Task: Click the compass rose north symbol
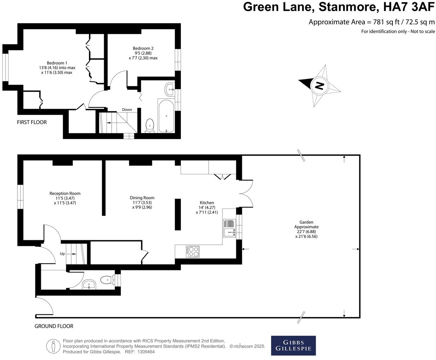[319, 86]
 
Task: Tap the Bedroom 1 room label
[57, 68]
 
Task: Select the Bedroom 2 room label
[143, 53]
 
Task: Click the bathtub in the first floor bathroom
[167, 116]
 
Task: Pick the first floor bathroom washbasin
[170, 89]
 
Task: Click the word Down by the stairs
[127, 110]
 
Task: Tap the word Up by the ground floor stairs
[62, 254]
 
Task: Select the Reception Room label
[65, 198]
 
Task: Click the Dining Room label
[142, 202]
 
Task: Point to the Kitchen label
[207, 207]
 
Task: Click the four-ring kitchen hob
[193, 252]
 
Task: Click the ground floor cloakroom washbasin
[89, 284]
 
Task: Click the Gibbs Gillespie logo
[293, 346]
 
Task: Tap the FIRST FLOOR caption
[32, 122]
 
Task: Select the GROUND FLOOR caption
[54, 326]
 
